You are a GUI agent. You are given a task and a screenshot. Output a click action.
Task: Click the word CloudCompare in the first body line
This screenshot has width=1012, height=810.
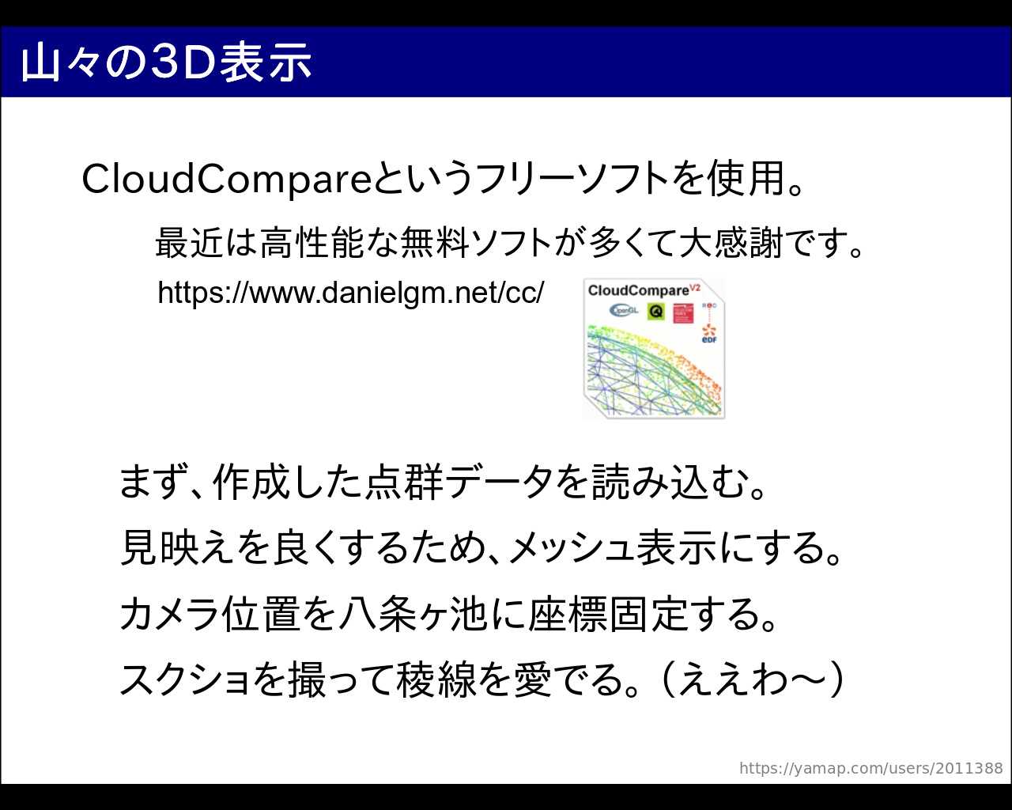tap(227, 180)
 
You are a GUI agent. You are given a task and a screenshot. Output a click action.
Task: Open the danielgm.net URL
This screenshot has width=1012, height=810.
tap(350, 293)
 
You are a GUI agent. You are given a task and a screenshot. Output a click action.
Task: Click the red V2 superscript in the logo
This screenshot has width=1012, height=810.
tap(695, 286)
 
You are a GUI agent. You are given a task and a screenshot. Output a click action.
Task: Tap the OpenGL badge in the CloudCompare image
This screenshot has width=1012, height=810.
tap(624, 310)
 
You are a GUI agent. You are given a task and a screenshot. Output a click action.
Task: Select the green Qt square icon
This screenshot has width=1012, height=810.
tap(656, 311)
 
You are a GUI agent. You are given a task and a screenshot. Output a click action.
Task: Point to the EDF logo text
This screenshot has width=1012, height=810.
tap(709, 339)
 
